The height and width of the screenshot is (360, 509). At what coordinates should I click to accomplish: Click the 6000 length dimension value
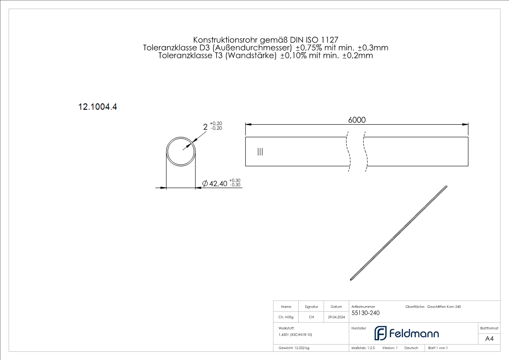pyautogui.click(x=357, y=120)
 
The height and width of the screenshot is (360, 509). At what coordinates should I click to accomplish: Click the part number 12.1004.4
pyautogui.click(x=98, y=107)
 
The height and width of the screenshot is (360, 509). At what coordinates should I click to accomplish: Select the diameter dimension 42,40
pyautogui.click(x=218, y=183)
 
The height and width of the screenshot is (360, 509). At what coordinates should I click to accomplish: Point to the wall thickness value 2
pyautogui.click(x=205, y=127)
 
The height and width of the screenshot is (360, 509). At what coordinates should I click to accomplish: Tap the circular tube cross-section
pyautogui.click(x=181, y=151)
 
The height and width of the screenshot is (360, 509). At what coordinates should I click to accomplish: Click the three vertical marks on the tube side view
pyautogui.click(x=260, y=152)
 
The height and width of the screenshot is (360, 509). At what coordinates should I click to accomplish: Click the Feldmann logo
pyautogui.click(x=406, y=333)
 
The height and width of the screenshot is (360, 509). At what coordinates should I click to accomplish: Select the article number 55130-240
pyautogui.click(x=365, y=313)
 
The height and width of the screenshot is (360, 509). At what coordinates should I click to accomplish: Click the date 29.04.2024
pyautogui.click(x=336, y=317)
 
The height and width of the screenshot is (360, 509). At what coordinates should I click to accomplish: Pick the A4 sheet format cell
pyautogui.click(x=489, y=338)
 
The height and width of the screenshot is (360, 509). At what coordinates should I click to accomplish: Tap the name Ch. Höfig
pyautogui.click(x=286, y=317)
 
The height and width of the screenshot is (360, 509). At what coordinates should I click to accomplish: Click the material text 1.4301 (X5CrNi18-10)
pyautogui.click(x=295, y=334)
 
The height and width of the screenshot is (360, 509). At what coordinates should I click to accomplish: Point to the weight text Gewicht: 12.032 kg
pyautogui.click(x=294, y=348)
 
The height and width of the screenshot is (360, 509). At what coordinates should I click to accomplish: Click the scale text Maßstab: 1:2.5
pyautogui.click(x=363, y=348)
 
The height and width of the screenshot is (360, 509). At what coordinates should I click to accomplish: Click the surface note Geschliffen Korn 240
pyautogui.click(x=444, y=307)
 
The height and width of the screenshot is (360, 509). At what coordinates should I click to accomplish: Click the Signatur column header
pyautogui.click(x=311, y=307)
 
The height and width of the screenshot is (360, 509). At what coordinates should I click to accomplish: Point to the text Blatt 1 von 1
pyautogui.click(x=438, y=348)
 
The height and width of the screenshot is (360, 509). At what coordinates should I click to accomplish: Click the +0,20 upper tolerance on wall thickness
pyautogui.click(x=216, y=123)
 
